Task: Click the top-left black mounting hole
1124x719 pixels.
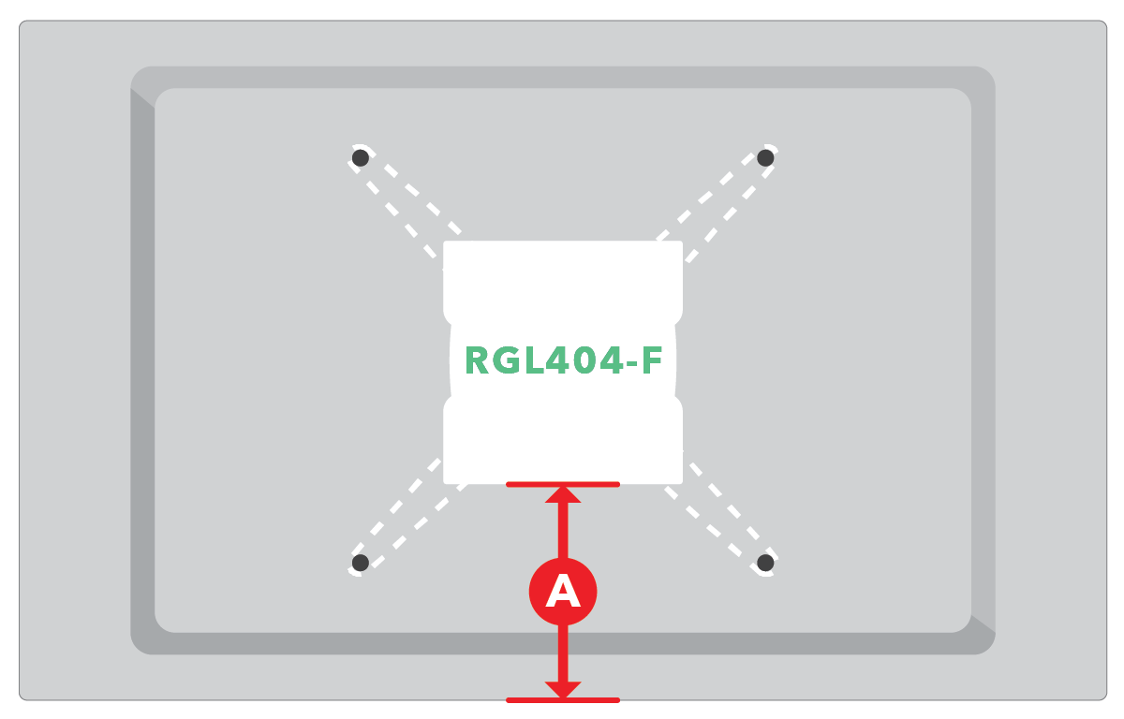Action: tap(361, 158)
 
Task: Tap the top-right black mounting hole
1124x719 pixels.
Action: tap(765, 158)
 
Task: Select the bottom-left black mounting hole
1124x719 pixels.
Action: tap(361, 563)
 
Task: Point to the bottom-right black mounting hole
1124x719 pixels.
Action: tap(765, 563)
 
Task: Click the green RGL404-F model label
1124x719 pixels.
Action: tap(564, 360)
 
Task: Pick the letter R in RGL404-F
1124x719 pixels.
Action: tap(477, 360)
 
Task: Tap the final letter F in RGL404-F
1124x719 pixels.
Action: tap(652, 360)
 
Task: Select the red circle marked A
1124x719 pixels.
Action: tap(563, 592)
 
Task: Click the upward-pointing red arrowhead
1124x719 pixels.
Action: tap(563, 495)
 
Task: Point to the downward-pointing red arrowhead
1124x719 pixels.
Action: tap(563, 689)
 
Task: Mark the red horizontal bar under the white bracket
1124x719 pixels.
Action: tap(563, 484)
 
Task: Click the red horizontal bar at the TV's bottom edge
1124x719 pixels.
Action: tap(563, 700)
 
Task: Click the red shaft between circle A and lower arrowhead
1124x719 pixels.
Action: tap(563, 653)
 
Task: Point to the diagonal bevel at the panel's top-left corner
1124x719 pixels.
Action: tap(142, 98)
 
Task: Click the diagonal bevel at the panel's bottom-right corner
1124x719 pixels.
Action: tap(983, 624)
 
